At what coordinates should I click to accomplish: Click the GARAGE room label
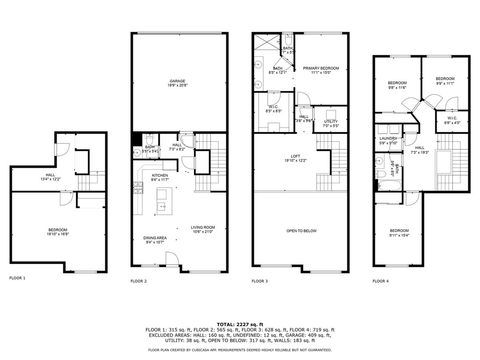point(178,81)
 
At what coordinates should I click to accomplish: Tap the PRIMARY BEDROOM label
point(321,68)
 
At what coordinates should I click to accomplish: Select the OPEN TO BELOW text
point(301,231)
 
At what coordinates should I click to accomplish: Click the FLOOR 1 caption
point(17,278)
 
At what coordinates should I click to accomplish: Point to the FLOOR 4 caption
point(381,281)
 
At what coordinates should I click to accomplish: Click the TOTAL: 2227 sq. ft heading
point(240,324)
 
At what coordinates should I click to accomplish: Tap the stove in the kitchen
point(138,187)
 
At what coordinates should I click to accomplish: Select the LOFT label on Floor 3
point(295,156)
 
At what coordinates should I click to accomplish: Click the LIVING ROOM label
point(203,227)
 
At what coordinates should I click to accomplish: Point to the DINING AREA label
point(155,238)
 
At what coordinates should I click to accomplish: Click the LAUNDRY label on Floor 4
point(388,138)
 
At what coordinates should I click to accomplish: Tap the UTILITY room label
point(331,121)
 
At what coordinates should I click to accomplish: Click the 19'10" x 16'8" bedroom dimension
point(58,234)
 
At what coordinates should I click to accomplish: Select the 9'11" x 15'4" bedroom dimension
point(399,235)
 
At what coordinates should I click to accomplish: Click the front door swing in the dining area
point(172,258)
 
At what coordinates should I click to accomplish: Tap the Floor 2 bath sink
point(136,151)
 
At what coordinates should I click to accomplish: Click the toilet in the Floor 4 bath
point(381,174)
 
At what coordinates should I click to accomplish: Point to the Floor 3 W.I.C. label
point(274,107)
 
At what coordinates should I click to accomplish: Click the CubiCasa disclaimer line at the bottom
point(240,350)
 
